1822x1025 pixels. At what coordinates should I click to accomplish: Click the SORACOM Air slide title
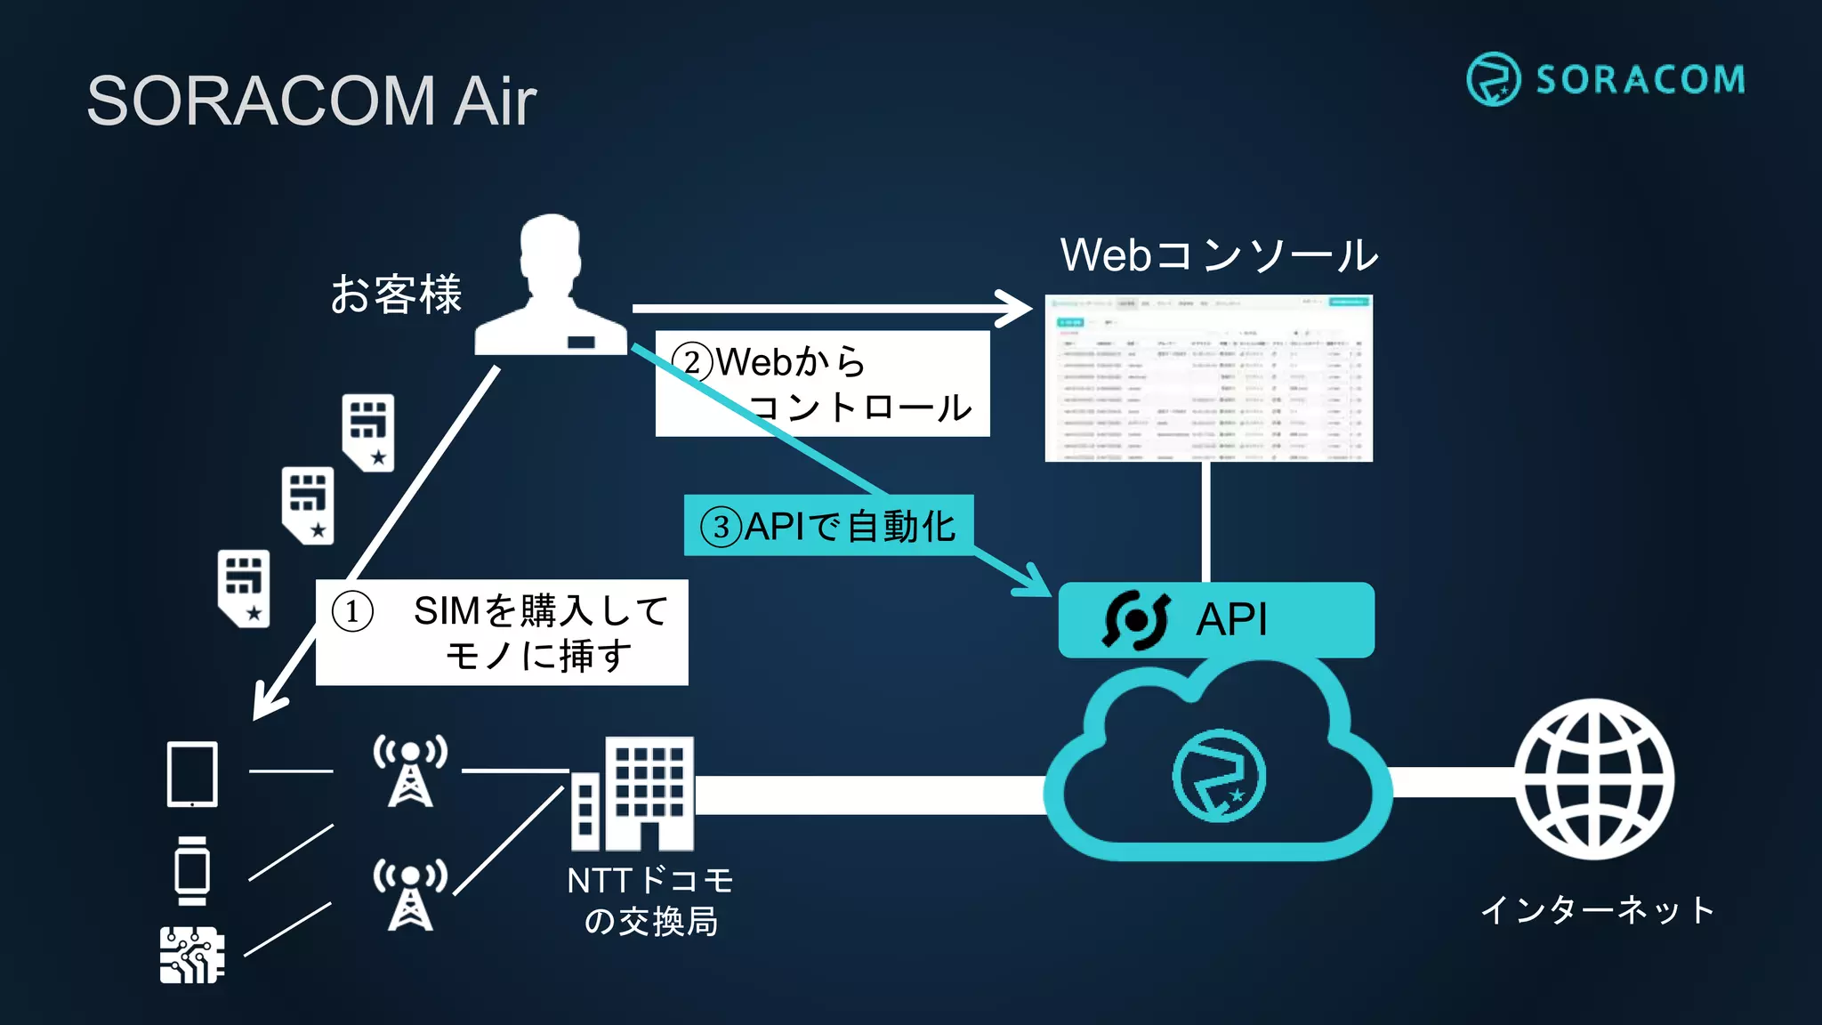click(311, 101)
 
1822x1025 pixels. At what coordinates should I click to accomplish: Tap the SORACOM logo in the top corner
click(1605, 79)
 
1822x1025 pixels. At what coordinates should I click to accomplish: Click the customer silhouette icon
click(551, 287)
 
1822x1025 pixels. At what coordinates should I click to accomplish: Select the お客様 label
click(396, 295)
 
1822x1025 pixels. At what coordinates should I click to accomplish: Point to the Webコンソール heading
click(1218, 255)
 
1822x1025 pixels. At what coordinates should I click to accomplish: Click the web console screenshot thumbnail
click(1208, 378)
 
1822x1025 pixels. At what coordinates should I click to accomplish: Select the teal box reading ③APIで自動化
click(827, 526)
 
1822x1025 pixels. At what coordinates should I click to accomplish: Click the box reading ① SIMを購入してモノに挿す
click(502, 633)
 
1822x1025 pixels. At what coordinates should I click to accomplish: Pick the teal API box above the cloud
click(1215, 620)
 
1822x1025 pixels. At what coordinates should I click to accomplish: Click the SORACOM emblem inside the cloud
click(1218, 776)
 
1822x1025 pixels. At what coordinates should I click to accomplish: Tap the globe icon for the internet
click(1594, 779)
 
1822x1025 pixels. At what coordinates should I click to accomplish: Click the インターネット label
click(1597, 909)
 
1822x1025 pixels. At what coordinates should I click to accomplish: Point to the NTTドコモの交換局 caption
click(650, 900)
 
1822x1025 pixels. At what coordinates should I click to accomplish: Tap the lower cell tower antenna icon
click(410, 894)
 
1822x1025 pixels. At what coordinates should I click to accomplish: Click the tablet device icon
click(192, 774)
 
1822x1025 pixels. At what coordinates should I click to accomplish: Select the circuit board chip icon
click(191, 955)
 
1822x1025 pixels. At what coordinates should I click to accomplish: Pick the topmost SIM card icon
click(368, 432)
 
